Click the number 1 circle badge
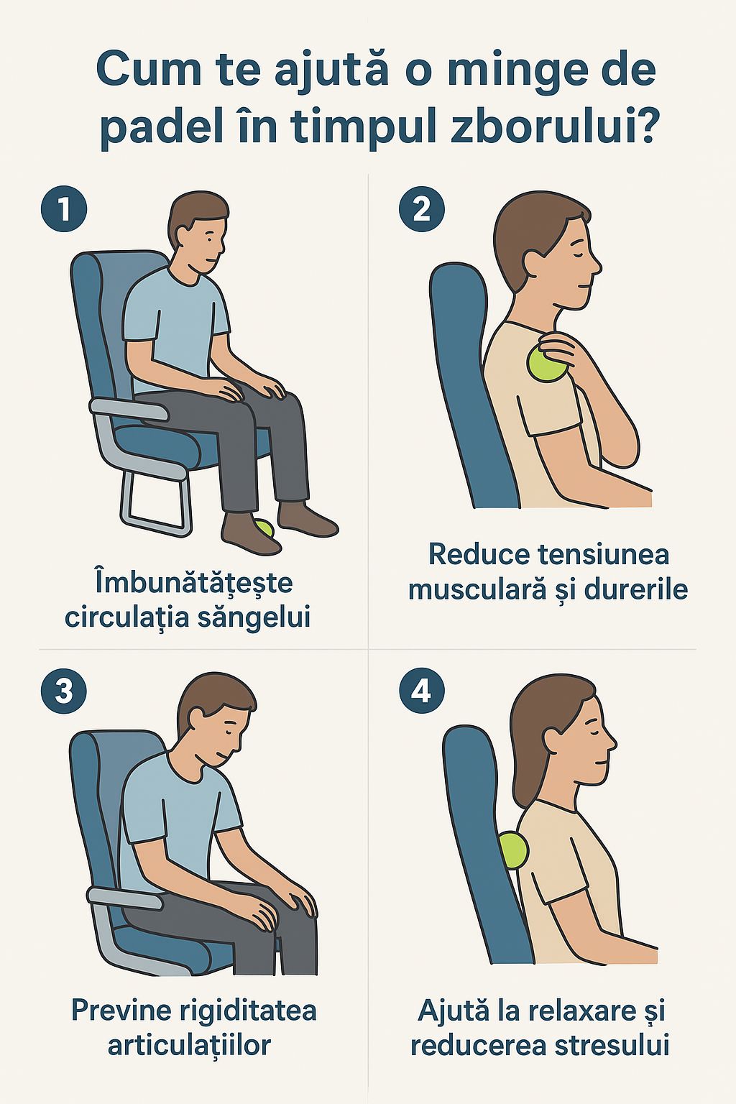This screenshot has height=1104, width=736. pyautogui.click(x=63, y=208)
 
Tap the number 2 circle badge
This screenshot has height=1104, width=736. pyautogui.click(x=421, y=208)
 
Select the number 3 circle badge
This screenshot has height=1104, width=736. pyautogui.click(x=63, y=691)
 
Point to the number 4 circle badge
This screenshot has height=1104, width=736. pyautogui.click(x=421, y=691)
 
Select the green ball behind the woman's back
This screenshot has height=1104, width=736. pyautogui.click(x=514, y=850)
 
